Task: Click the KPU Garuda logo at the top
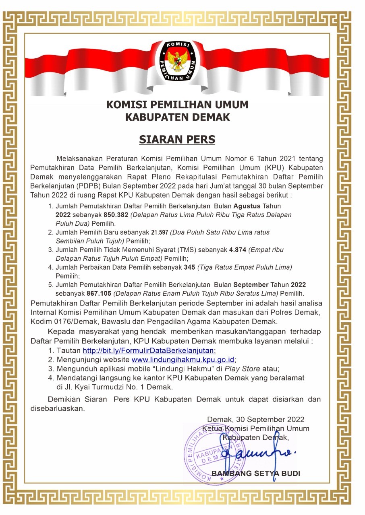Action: point(177,60)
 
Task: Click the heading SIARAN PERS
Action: point(177,139)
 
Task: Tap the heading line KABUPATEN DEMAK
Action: point(177,117)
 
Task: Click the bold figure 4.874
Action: point(238,250)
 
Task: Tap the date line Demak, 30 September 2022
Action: point(256,420)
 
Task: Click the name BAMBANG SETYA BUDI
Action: point(256,474)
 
